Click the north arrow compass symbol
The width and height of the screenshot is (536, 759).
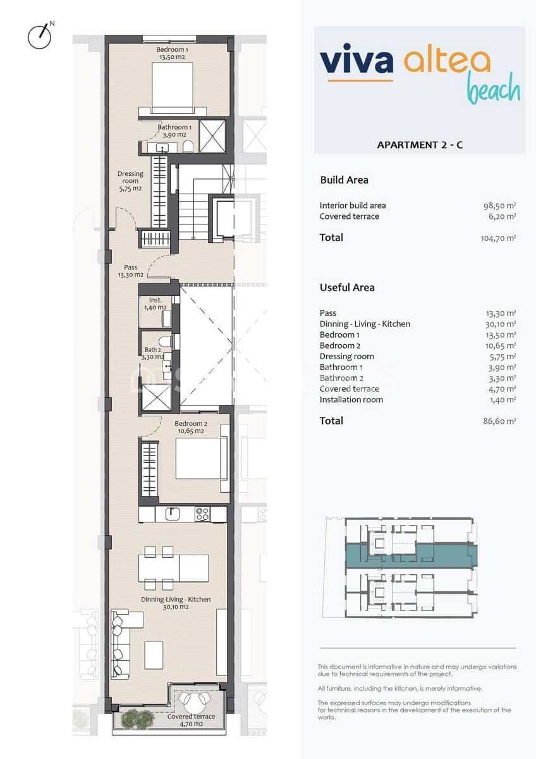(x=39, y=36)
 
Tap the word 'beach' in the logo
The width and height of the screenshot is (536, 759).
(x=494, y=89)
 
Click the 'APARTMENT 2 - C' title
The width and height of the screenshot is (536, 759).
(x=420, y=145)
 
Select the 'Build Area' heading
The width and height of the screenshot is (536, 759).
(x=344, y=180)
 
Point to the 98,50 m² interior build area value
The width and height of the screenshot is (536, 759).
(x=499, y=206)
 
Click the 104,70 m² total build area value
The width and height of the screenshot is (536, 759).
(x=498, y=238)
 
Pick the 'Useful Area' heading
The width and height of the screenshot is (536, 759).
(x=347, y=288)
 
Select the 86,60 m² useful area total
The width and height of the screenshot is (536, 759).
(x=499, y=421)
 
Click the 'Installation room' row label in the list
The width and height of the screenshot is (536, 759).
(x=351, y=400)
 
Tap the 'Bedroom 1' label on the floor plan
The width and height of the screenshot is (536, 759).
(x=171, y=49)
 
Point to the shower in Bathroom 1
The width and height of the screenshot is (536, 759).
(x=212, y=136)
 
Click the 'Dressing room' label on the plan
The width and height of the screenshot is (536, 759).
(x=130, y=178)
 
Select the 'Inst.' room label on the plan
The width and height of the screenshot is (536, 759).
(x=155, y=300)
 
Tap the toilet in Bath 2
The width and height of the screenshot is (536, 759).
(x=164, y=342)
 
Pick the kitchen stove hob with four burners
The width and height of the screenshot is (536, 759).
(x=203, y=514)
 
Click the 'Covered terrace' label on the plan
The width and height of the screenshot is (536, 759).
(x=191, y=717)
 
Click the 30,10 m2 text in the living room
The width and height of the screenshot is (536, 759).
(x=176, y=607)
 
